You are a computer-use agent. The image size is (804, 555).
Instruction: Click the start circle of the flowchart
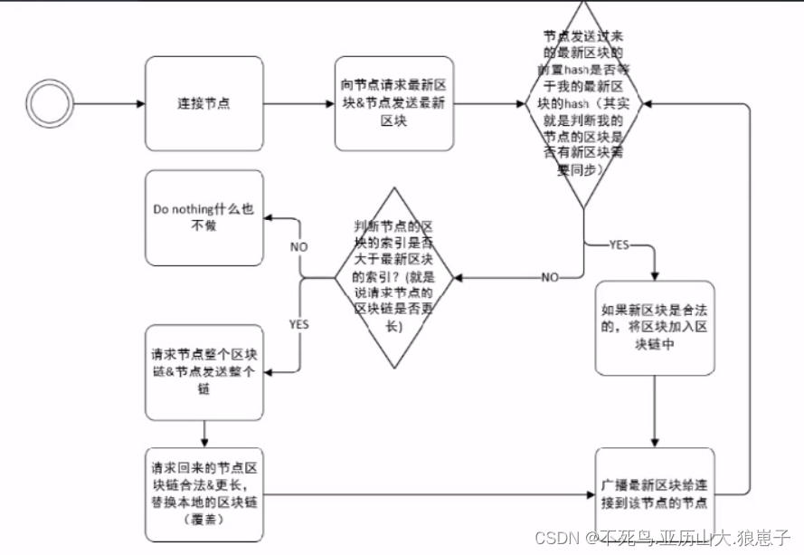pos(50,103)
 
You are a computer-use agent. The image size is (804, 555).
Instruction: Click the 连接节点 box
pos(203,103)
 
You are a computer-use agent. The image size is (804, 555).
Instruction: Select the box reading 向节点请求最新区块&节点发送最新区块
pos(393,103)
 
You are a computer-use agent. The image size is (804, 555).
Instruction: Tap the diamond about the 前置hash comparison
pos(584,104)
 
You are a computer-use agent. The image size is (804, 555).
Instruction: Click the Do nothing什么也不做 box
pos(203,217)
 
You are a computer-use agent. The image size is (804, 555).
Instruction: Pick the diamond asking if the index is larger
pos(393,277)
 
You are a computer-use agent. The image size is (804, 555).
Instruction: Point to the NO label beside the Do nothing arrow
pos(299,246)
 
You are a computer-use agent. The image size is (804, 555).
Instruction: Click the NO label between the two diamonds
pos(549,277)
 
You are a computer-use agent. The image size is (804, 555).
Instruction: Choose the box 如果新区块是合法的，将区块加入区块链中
pos(654,327)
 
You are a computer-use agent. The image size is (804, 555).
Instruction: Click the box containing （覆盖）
pos(203,493)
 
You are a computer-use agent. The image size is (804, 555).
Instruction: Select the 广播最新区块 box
pos(654,493)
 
